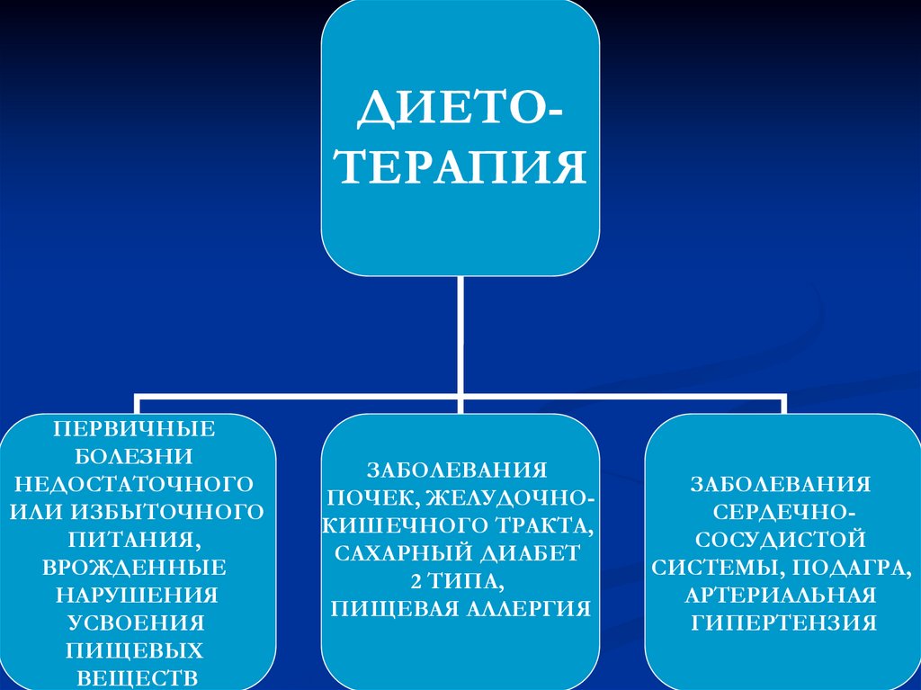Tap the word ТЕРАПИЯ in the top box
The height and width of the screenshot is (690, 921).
(460, 168)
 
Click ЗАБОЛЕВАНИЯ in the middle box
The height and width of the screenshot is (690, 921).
(457, 470)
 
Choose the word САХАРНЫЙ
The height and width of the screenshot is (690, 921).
(389, 552)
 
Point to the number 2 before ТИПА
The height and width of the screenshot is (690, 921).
(416, 580)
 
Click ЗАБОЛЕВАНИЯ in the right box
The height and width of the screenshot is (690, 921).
(779, 484)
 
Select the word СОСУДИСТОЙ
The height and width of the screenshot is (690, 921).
(779, 539)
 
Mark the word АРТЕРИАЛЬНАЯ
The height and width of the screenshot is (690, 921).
(779, 595)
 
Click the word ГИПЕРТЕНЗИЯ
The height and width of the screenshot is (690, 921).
(779, 623)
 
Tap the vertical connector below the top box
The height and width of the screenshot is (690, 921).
(460, 333)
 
